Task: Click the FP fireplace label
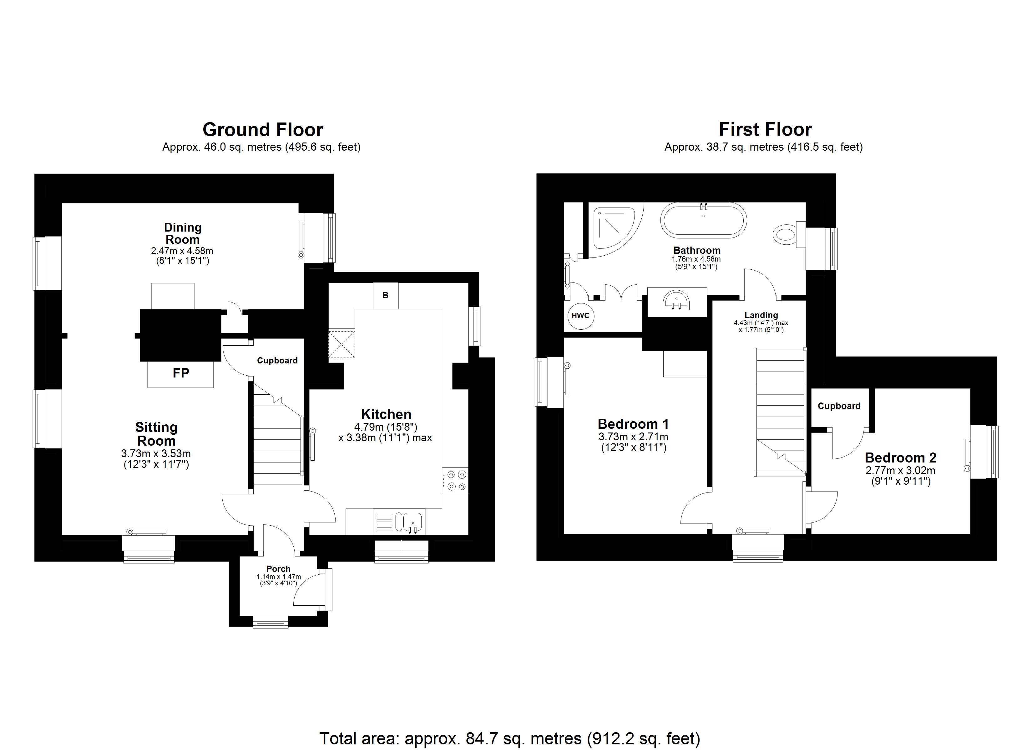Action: tap(181, 373)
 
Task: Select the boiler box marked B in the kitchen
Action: tap(385, 295)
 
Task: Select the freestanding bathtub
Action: tap(703, 220)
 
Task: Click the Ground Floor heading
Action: tap(263, 130)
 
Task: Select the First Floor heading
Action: tap(765, 130)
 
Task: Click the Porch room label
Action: tap(278, 568)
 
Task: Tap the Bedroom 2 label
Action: tap(900, 457)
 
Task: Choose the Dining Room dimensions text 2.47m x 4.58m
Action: tap(182, 251)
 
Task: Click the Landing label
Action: tap(761, 315)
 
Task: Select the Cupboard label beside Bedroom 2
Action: tap(839, 406)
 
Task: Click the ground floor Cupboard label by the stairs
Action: tap(277, 360)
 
